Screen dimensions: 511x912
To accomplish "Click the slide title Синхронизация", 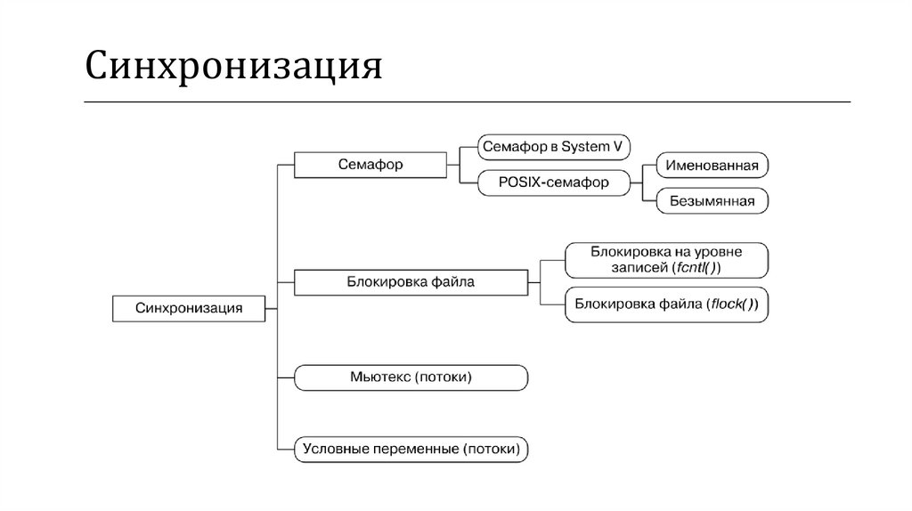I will pos(233,68).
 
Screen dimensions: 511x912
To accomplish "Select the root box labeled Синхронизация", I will pos(189,308).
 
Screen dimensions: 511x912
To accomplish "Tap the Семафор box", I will pos(370,165).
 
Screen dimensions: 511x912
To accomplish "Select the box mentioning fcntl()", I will pos(666,259).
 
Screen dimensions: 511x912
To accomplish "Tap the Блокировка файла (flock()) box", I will pos(666,304).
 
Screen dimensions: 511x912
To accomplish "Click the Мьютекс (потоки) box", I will pos(411,377).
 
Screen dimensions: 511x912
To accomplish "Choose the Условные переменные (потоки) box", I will pos(411,449).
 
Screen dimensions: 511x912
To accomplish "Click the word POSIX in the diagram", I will pos(521,183).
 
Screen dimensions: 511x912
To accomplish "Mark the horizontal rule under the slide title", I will pos(467,101).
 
